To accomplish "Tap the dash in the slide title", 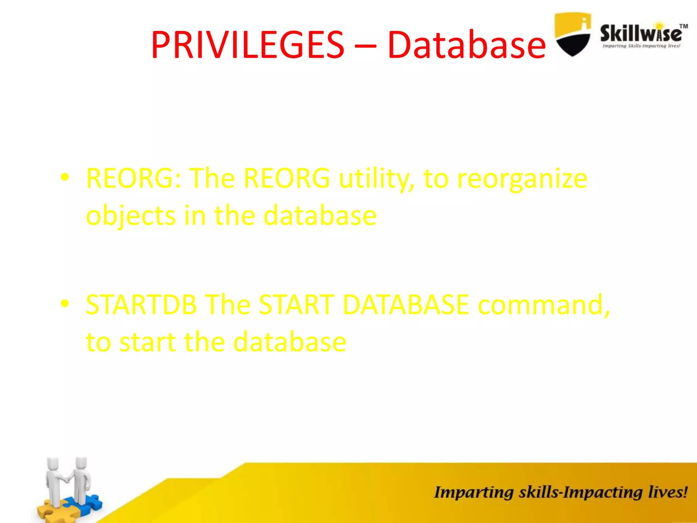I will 366,45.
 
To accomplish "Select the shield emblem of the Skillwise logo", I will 572,34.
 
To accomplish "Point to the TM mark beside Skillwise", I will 683,26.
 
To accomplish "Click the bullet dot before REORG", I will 65,177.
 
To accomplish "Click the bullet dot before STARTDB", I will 65,303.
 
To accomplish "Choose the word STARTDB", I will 141,304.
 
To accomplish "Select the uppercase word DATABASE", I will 406,304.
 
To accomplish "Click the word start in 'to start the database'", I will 147,342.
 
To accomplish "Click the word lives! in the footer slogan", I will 667,492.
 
